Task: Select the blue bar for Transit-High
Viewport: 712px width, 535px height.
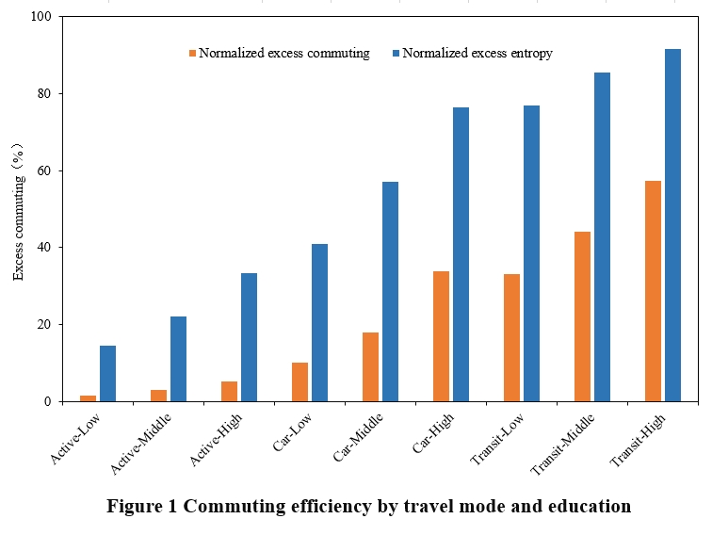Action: point(672,225)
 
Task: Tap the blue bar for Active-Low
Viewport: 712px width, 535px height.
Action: point(107,373)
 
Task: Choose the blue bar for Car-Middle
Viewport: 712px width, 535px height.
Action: point(390,291)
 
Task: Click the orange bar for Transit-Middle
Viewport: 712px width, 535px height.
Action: point(582,316)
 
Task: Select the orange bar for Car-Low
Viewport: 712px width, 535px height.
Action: point(299,381)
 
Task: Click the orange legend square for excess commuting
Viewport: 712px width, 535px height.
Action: point(193,54)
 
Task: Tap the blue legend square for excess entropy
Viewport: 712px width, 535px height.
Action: point(396,54)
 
